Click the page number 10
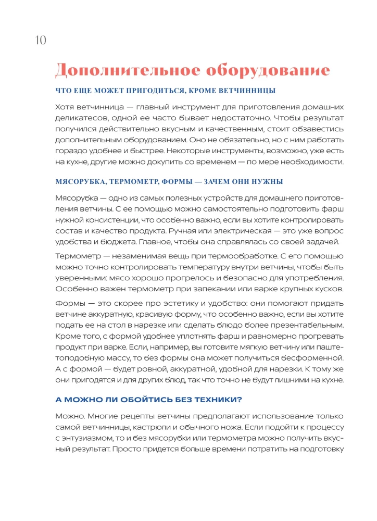41,40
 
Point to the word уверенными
80,278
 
